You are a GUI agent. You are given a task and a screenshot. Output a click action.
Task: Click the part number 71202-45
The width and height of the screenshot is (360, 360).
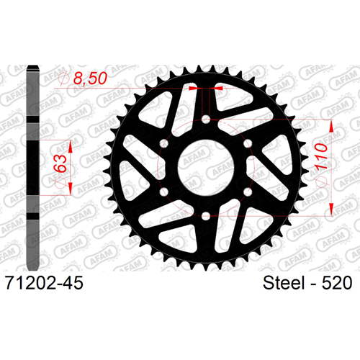coord(44,283)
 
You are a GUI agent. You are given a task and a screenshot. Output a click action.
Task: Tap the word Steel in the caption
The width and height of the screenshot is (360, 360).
coord(284,283)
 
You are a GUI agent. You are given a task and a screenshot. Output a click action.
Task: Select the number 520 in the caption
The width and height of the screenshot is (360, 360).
coord(337,283)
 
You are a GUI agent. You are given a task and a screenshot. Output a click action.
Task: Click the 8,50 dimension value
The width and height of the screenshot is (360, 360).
coord(90,78)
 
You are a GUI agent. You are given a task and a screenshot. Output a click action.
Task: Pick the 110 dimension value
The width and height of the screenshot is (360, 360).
coord(321,156)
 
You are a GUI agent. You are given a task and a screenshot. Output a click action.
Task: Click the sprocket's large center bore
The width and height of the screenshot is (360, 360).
coord(206,168)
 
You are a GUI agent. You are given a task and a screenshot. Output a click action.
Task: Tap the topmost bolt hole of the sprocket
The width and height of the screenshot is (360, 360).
coord(206,120)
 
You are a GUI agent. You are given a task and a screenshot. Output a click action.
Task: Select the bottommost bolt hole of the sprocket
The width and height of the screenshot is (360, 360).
coord(206,216)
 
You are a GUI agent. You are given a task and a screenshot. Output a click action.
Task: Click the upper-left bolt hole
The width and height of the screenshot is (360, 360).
coord(164,143)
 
